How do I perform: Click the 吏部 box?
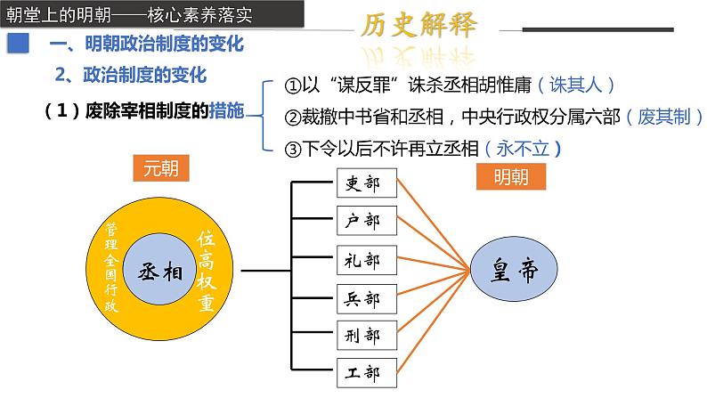pyautogui.click(x=367, y=183)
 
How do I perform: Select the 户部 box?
pyautogui.click(x=367, y=221)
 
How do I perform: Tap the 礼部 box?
pyautogui.click(x=367, y=260)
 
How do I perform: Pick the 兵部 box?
pyautogui.click(x=367, y=299)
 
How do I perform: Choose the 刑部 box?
pyautogui.click(x=367, y=336)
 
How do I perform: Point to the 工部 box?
pyautogui.click(x=367, y=373)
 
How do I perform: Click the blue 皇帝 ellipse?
pyautogui.click(x=514, y=269)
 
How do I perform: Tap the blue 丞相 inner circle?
pyautogui.click(x=159, y=269)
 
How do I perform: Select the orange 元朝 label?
pyautogui.click(x=161, y=168)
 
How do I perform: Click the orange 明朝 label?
pyautogui.click(x=511, y=176)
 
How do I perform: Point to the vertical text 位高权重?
pyautogui.click(x=206, y=271)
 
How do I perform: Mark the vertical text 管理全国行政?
pyautogui.click(x=111, y=267)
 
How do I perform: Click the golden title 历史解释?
pyautogui.click(x=419, y=24)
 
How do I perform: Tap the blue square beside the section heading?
pyautogui.click(x=18, y=44)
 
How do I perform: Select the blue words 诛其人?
pyautogui.click(x=576, y=85)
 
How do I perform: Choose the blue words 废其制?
pyautogui.click(x=664, y=117)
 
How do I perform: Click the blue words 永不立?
pyautogui.click(x=523, y=149)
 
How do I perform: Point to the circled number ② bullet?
pyautogui.click(x=293, y=118)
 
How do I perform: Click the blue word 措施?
pyautogui.click(x=227, y=110)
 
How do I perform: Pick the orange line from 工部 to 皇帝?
pyautogui.click(x=434, y=321)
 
